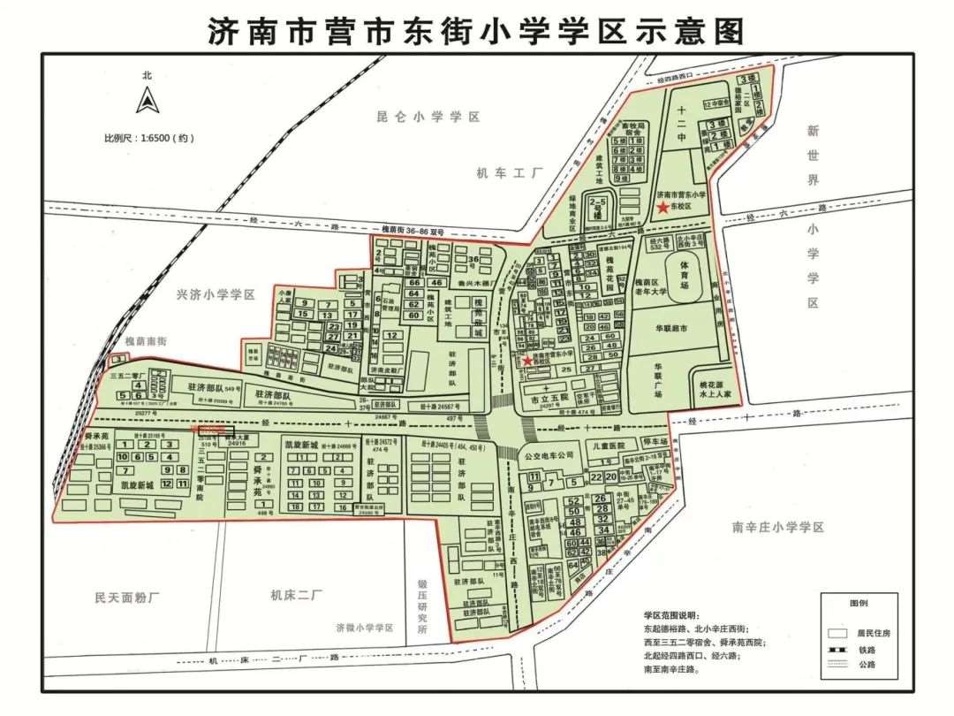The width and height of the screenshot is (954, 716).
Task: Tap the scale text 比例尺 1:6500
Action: click(148, 138)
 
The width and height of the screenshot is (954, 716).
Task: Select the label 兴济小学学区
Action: click(216, 294)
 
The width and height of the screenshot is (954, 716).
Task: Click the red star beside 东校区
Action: click(662, 207)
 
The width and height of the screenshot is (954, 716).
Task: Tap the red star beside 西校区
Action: click(527, 361)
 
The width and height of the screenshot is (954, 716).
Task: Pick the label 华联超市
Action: click(676, 327)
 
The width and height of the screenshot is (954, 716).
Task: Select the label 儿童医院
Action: click(608, 446)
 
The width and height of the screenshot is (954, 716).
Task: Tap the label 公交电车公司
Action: click(549, 456)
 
